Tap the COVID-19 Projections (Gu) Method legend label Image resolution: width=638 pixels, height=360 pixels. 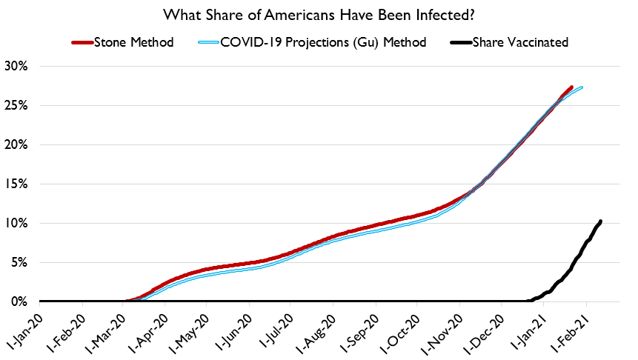coord(324,42)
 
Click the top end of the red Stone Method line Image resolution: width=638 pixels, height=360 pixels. coord(571,87)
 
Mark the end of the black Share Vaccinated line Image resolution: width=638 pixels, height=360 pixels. coord(600,221)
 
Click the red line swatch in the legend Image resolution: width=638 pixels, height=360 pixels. coord(84,42)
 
